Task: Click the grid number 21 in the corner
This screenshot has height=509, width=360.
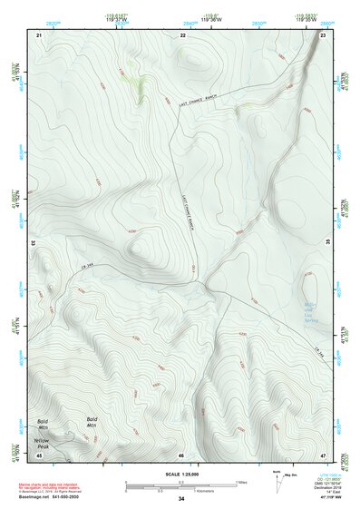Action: pos(39,34)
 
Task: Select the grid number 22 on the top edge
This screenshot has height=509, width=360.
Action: pos(183,34)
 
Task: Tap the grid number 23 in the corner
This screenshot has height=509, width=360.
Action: pos(324,34)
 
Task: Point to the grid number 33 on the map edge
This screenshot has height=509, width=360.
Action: pos(34,243)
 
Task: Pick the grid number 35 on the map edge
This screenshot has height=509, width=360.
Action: pos(328,243)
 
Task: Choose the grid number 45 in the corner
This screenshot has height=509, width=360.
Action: pos(39,455)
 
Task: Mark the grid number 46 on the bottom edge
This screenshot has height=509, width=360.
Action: pos(181,455)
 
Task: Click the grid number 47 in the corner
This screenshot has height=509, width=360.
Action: pos(324,455)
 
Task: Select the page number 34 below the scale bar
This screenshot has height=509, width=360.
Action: pos(181,500)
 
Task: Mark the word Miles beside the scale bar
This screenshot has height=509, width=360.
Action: pos(242,482)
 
